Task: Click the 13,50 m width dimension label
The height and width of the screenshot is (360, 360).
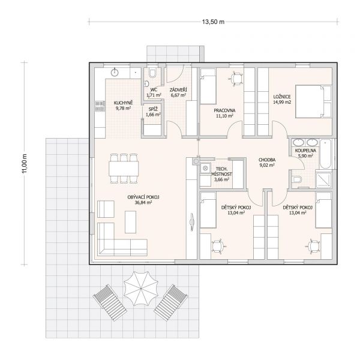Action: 213,22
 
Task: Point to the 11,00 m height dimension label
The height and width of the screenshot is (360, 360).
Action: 25,163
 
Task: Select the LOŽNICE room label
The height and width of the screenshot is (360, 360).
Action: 282,97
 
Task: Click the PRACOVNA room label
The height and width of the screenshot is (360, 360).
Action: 224,110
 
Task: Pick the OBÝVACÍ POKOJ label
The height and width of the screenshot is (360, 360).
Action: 143,197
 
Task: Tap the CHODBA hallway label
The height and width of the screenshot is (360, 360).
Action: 267,160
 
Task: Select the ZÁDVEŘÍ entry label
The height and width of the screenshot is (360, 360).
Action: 178,90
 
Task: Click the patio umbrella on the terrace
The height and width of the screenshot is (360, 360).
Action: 141,289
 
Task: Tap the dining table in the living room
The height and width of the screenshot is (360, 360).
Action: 124,168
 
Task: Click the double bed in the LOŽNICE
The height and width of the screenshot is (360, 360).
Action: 313,101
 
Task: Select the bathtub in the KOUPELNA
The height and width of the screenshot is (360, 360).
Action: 325,154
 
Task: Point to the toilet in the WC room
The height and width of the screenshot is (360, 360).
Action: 152,73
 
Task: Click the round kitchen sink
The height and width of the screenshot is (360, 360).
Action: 115,73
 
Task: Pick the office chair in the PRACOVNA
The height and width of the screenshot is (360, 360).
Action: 235,78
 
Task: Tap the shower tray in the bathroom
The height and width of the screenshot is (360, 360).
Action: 323,179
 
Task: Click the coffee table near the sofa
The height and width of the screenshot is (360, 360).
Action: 130,222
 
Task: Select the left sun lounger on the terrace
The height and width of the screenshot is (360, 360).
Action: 110,302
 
